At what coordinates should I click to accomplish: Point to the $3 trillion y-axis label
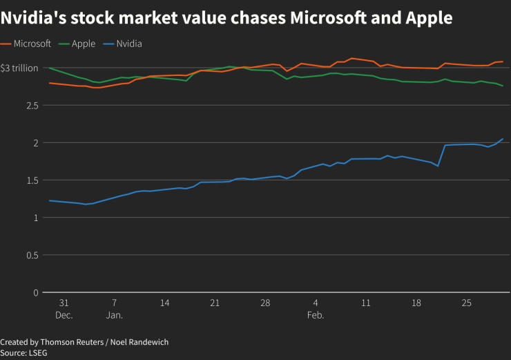coord(19,68)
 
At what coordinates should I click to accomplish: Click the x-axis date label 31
coord(64,303)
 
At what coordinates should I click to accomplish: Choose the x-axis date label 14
coord(164,303)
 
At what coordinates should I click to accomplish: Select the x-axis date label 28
coord(265,303)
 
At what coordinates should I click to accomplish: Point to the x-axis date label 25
coord(466,303)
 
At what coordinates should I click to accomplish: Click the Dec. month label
coord(64,314)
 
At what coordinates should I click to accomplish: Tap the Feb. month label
coord(316,314)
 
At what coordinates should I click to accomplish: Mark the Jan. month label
coord(115,314)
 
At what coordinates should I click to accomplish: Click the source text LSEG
coord(38,352)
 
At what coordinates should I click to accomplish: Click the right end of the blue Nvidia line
coord(503,138)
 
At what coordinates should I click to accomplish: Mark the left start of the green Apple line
coord(49,68)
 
